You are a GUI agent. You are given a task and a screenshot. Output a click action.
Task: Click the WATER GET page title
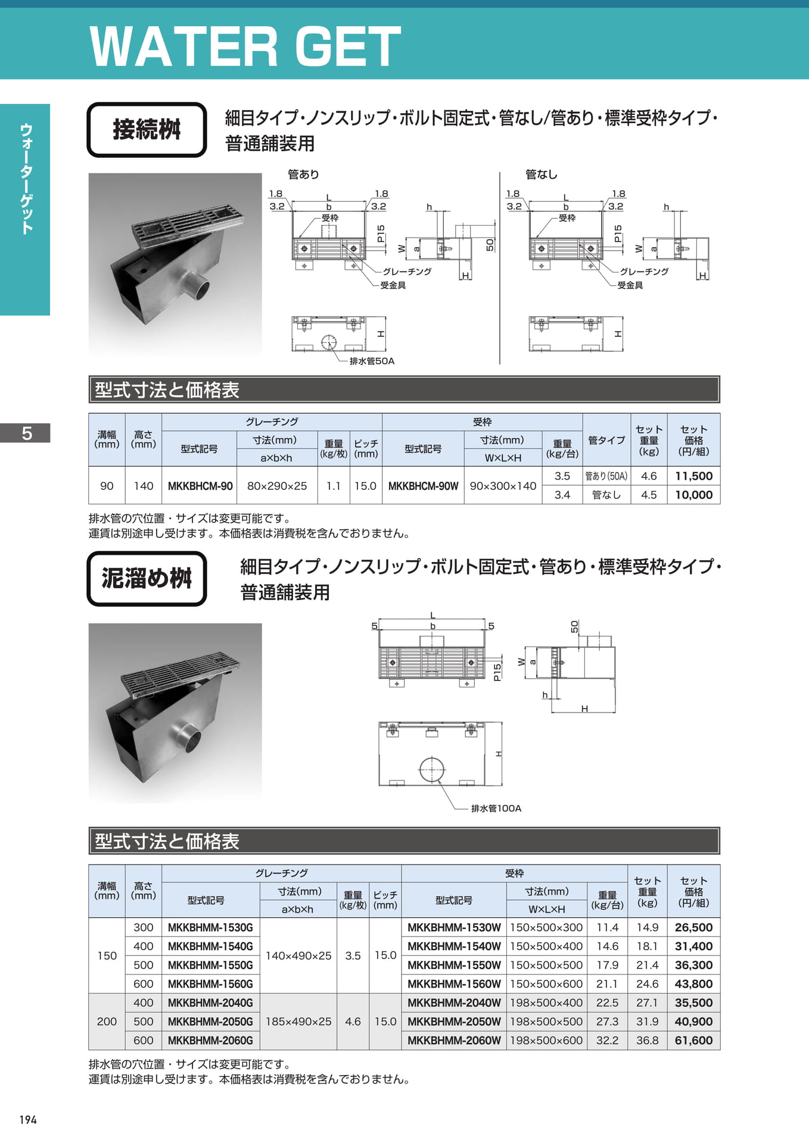(x=245, y=46)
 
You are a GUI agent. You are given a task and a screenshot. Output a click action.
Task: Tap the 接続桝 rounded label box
(x=147, y=130)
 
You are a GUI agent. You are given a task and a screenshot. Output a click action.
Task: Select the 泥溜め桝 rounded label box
(x=147, y=579)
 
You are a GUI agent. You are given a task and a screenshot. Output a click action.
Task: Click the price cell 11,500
(x=693, y=476)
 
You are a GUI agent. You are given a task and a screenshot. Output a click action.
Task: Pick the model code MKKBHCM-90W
(x=423, y=486)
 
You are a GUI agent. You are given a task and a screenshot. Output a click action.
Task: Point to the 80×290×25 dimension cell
(x=277, y=486)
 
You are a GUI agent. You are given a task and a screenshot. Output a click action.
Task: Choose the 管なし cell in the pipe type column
(x=606, y=495)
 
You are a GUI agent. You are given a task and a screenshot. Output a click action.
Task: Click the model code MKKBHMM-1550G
(x=210, y=965)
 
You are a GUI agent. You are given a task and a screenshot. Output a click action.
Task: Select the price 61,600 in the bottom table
(x=693, y=1041)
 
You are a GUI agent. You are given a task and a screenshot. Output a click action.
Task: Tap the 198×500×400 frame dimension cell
(x=546, y=1003)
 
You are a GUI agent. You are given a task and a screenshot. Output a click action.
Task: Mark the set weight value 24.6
(x=648, y=984)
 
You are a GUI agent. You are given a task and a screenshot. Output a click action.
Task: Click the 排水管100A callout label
(x=496, y=808)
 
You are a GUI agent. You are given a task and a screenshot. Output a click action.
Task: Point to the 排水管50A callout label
(x=372, y=361)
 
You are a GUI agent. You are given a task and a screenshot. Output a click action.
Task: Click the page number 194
(x=28, y=1120)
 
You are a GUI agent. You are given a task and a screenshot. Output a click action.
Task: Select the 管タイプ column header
(x=606, y=440)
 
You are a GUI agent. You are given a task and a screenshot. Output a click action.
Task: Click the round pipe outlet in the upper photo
(x=196, y=288)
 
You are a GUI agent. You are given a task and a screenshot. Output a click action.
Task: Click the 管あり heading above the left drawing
(x=303, y=174)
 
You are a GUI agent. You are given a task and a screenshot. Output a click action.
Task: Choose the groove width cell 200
(x=107, y=1022)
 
